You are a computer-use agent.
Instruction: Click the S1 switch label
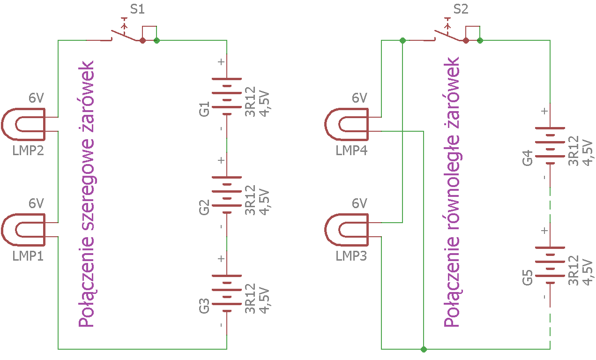click(x=137, y=9)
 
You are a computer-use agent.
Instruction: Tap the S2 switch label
click(x=461, y=9)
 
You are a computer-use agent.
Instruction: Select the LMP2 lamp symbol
click(x=23, y=124)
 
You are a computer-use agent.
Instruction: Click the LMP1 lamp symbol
click(x=23, y=230)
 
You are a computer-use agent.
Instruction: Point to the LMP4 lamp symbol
click(x=347, y=124)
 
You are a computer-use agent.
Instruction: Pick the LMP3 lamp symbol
click(x=347, y=230)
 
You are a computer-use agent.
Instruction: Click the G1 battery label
click(x=204, y=109)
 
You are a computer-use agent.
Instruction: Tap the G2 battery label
click(x=204, y=208)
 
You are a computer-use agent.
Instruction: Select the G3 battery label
click(x=204, y=306)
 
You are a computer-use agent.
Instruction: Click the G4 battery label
click(x=528, y=158)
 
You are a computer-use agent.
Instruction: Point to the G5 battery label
click(x=528, y=277)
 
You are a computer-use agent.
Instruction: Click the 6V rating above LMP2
click(x=36, y=98)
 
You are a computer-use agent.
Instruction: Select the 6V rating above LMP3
click(x=359, y=203)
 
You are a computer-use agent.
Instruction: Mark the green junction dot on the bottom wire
click(x=424, y=349)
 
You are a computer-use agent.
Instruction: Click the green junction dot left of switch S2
click(x=402, y=40)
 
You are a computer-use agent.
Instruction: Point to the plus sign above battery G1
click(x=221, y=62)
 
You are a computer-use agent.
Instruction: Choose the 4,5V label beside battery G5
click(x=588, y=273)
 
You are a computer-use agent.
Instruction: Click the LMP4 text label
click(x=351, y=151)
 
